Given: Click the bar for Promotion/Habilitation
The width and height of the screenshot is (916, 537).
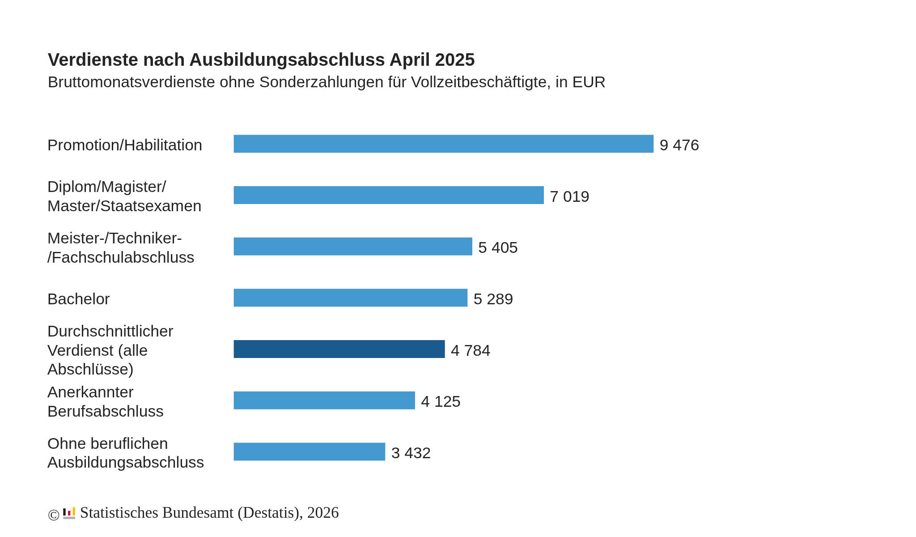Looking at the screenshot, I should click(x=443, y=144).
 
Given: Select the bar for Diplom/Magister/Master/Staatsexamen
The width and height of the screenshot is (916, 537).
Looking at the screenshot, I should click(x=388, y=195).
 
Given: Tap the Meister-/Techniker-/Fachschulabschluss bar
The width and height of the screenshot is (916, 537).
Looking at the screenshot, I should click(x=352, y=247).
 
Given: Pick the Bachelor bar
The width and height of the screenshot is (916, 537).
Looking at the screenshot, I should click(x=350, y=298).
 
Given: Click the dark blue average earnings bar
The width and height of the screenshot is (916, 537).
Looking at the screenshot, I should click(x=339, y=349).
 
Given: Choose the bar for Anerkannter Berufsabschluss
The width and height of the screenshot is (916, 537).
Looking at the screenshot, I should click(x=324, y=401).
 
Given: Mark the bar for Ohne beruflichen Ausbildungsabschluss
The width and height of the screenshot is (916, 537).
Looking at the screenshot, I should click(x=309, y=452).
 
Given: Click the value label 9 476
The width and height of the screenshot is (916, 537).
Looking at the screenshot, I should click(x=679, y=145).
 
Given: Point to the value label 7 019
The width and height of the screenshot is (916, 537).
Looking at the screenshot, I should click(x=569, y=196).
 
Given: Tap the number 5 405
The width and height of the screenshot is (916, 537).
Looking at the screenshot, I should click(x=498, y=247).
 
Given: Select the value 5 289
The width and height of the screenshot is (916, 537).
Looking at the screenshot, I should click(x=493, y=299).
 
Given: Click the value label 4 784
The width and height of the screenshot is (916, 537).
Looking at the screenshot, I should click(x=471, y=350).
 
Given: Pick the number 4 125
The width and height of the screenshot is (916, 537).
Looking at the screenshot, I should click(x=441, y=401).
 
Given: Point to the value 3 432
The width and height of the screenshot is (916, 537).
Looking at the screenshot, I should click(x=411, y=453).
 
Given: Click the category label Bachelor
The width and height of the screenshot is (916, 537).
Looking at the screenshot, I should click(x=79, y=299).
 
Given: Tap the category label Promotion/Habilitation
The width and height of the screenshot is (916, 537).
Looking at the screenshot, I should click(x=125, y=145).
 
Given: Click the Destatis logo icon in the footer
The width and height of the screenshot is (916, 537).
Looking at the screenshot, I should click(x=69, y=513).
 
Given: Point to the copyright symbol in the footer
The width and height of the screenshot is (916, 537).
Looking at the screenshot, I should click(x=54, y=515).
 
